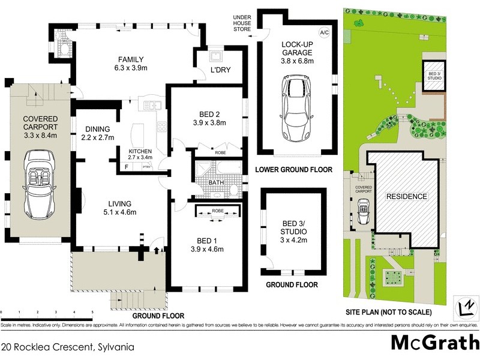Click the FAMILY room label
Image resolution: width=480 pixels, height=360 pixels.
pyautogui.click(x=130, y=59)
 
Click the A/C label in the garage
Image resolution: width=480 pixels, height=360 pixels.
pyautogui.click(x=325, y=31)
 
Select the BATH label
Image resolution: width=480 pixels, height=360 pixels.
pyautogui.click(x=216, y=182)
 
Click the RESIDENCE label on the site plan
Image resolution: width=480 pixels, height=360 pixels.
pyautogui.click(x=406, y=196)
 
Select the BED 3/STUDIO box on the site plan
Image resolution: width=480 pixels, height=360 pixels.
pyautogui.click(x=433, y=76)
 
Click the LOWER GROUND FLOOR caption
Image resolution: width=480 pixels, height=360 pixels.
pyautogui.click(x=293, y=170)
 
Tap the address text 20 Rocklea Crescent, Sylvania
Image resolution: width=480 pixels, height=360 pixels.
pyautogui.click(x=67, y=346)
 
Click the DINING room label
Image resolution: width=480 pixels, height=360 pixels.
pyautogui.click(x=97, y=128)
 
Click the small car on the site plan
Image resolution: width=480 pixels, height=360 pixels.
pyautogui.click(x=364, y=211)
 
